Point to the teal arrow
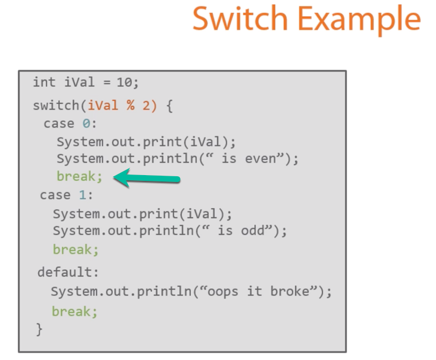147,178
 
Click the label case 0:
71,124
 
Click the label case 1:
66,195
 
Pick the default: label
68,272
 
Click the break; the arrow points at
80,176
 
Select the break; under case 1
76,250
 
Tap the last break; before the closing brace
75,311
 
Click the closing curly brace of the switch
39,329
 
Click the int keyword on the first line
44,82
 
